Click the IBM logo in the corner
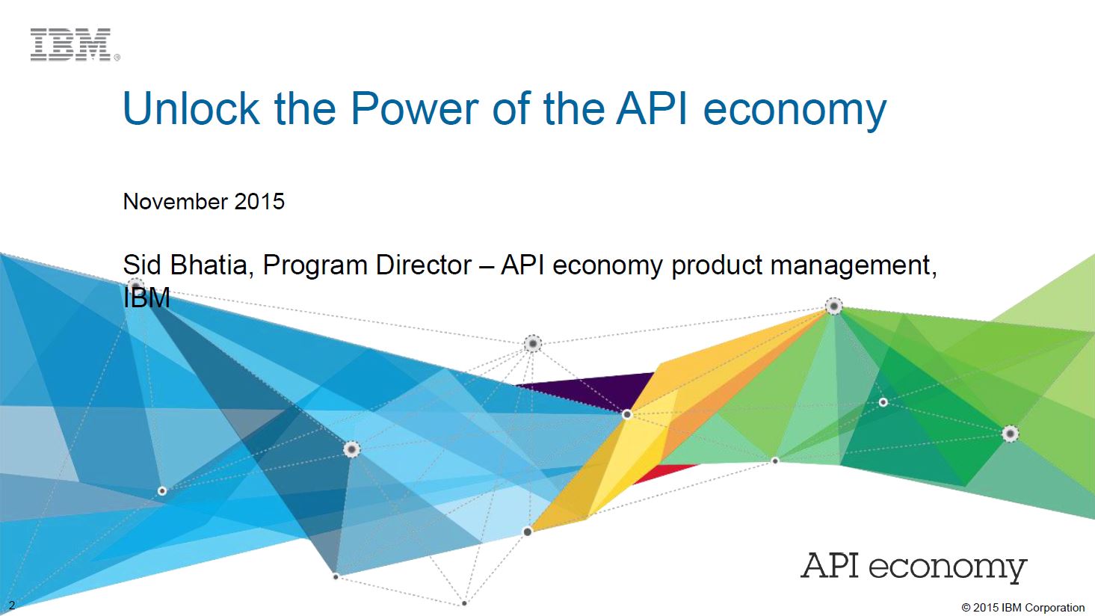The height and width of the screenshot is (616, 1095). coord(71,45)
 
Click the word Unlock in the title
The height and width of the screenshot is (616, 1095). coord(191,108)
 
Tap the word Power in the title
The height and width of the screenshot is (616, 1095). coord(415,108)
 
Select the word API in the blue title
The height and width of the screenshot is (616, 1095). coord(652,108)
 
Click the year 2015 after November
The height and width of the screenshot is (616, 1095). coord(259,201)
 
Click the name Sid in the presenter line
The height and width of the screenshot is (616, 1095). coord(142,265)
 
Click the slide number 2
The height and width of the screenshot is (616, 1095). coord(12,605)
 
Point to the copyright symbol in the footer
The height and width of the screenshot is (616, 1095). coord(966,608)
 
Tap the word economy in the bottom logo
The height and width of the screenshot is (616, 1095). coord(948,568)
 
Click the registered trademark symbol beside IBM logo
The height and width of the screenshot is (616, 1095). coord(117,58)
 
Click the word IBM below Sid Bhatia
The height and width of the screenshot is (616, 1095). coord(146,298)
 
